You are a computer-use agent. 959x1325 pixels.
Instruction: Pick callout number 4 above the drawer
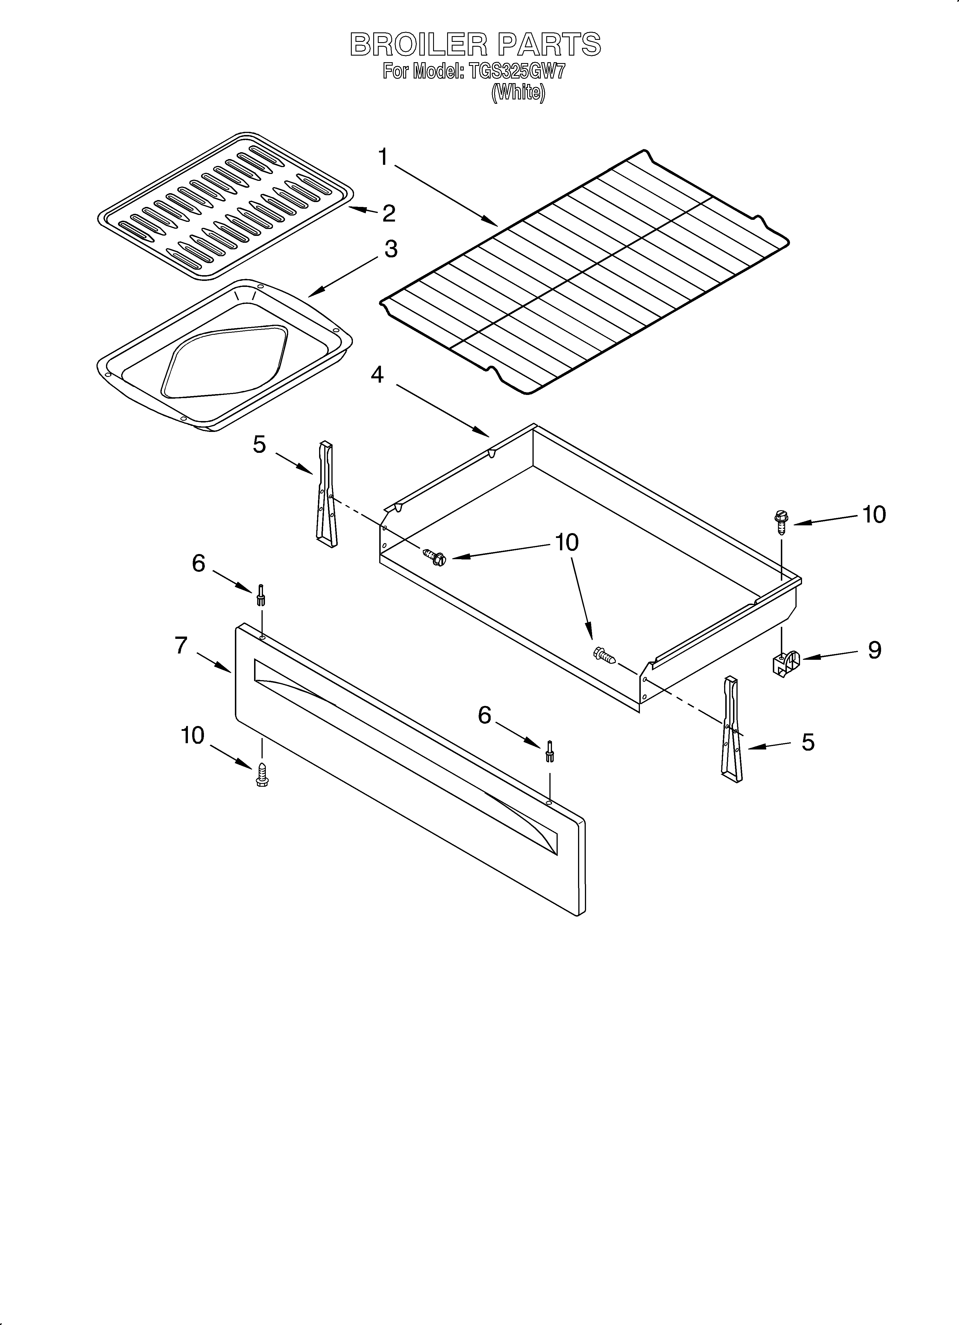(377, 375)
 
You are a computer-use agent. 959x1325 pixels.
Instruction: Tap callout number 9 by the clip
(874, 650)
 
